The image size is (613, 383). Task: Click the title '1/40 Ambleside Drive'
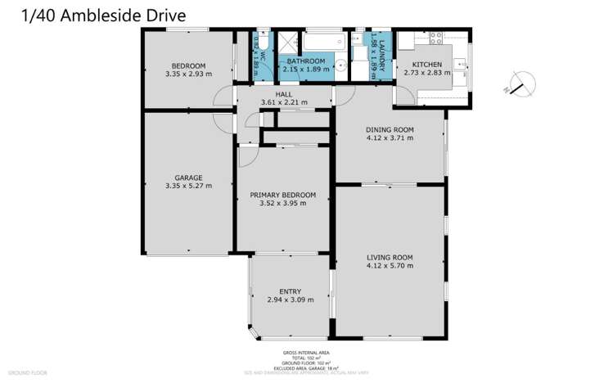coord(92,15)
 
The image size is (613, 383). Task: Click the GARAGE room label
coord(187,178)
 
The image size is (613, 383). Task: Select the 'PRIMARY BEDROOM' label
coord(282,195)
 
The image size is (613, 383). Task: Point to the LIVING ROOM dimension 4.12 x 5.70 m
coord(389,266)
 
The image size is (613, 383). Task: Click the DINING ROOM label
coord(389,129)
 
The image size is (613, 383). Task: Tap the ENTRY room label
coord(290,291)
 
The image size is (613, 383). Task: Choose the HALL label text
coord(284,94)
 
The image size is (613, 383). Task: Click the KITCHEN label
coord(426,65)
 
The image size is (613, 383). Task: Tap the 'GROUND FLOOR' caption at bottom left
coord(27,372)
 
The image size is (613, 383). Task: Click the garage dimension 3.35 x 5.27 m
coord(187,186)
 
